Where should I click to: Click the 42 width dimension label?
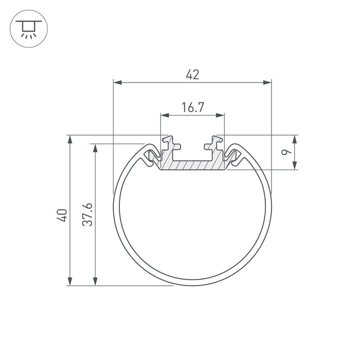click(x=192, y=74)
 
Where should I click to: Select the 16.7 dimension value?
click(x=192, y=107)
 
